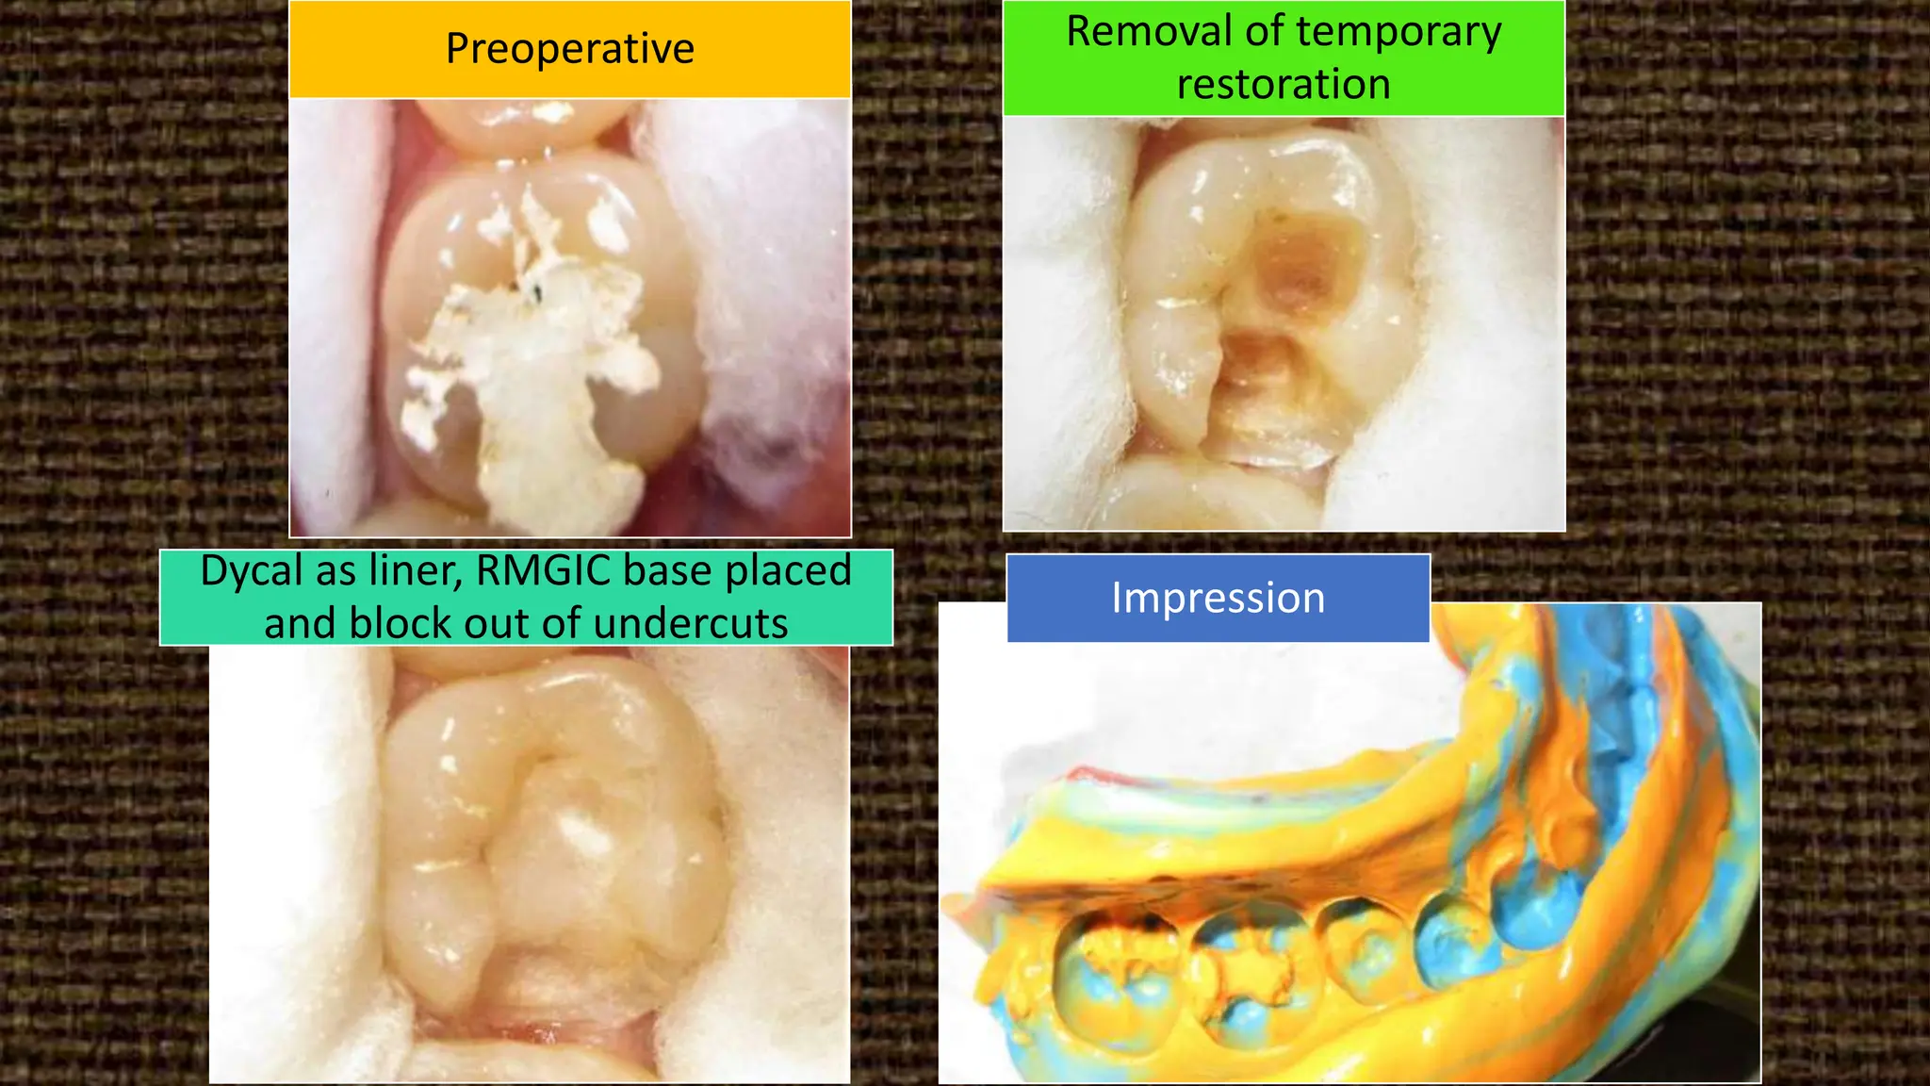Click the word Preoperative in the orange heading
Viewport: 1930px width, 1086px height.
569,49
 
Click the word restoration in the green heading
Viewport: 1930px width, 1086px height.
1284,85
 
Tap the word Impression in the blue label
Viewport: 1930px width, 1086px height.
1218,599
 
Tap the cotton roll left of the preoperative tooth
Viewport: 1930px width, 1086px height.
335,311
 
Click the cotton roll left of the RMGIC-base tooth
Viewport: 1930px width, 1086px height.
292,848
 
